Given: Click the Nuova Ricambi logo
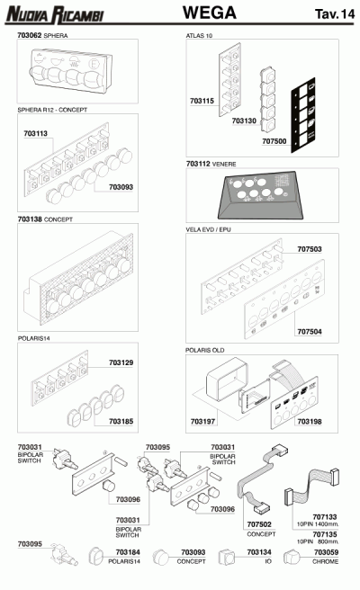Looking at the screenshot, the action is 55,14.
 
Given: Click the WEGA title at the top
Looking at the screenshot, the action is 210,13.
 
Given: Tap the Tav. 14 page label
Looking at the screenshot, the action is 335,13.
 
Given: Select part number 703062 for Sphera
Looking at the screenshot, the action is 30,35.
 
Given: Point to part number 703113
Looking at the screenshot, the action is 35,133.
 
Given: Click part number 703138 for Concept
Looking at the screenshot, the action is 30,219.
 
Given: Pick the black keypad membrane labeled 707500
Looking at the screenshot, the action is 303,115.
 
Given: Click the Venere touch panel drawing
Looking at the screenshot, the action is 261,195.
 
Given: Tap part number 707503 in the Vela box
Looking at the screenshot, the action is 310,249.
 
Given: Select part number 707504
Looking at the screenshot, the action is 310,332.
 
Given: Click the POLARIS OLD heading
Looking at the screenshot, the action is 204,350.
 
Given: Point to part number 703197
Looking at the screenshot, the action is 202,422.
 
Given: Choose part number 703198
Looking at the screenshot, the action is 310,422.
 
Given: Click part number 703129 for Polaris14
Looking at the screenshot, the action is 121,362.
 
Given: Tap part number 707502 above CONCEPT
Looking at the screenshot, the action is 259,524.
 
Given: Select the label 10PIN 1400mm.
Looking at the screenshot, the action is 318,523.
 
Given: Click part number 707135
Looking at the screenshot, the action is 325,534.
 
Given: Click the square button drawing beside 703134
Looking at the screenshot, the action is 227,558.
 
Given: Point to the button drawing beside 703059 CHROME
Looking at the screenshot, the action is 292,558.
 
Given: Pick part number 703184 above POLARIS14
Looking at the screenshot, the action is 128,552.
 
